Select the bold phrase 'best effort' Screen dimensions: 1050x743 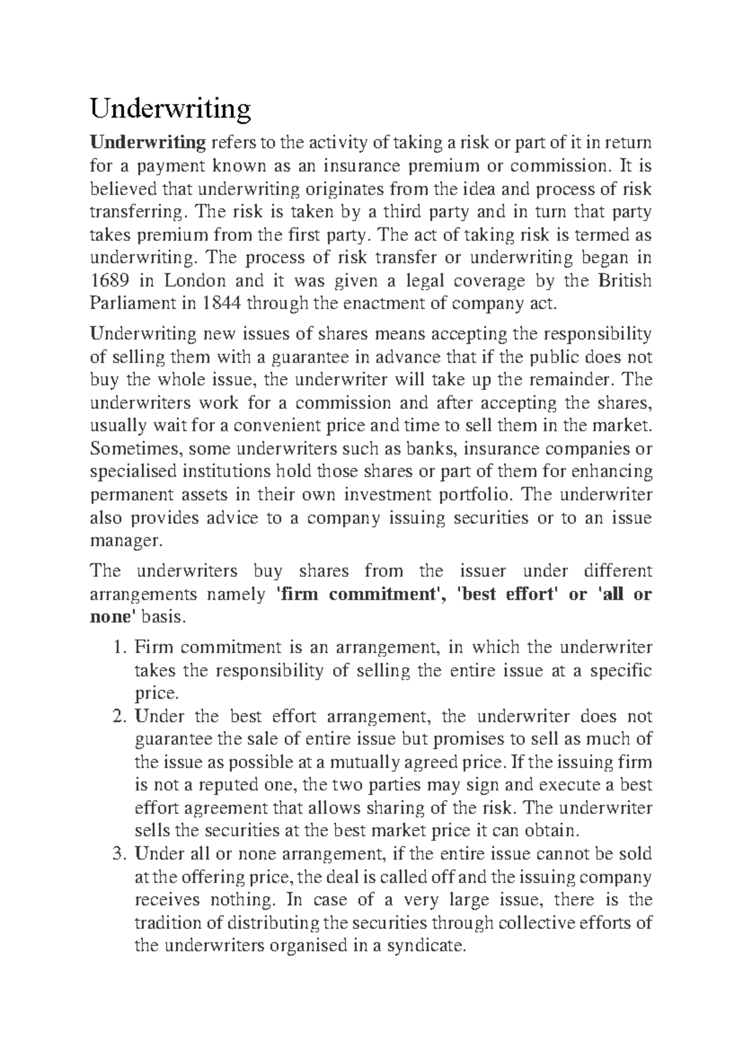tap(508, 594)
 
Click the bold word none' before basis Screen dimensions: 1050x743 tap(113, 617)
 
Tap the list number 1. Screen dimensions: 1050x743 tap(120, 648)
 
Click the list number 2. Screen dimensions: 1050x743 tap(120, 717)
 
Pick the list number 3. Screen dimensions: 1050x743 tap(120, 854)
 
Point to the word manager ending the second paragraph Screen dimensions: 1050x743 tap(125, 540)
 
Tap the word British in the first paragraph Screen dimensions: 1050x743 tap(625, 280)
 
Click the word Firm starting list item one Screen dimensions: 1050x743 tap(150, 648)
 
